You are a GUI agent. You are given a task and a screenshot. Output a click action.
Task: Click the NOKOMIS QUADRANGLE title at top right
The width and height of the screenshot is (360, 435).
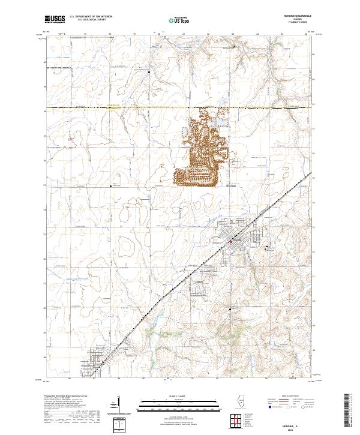[302, 16]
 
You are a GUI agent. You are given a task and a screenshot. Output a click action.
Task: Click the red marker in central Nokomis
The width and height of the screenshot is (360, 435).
[230, 242]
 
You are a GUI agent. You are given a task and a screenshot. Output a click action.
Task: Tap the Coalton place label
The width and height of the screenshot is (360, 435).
[200, 280]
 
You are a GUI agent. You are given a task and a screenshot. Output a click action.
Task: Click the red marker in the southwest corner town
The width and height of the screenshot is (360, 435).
[103, 362]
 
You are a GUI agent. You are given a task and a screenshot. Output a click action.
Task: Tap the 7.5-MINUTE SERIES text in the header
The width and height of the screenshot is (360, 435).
[302, 23]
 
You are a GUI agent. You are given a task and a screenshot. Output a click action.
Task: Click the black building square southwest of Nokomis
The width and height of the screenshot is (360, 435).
[230, 309]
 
